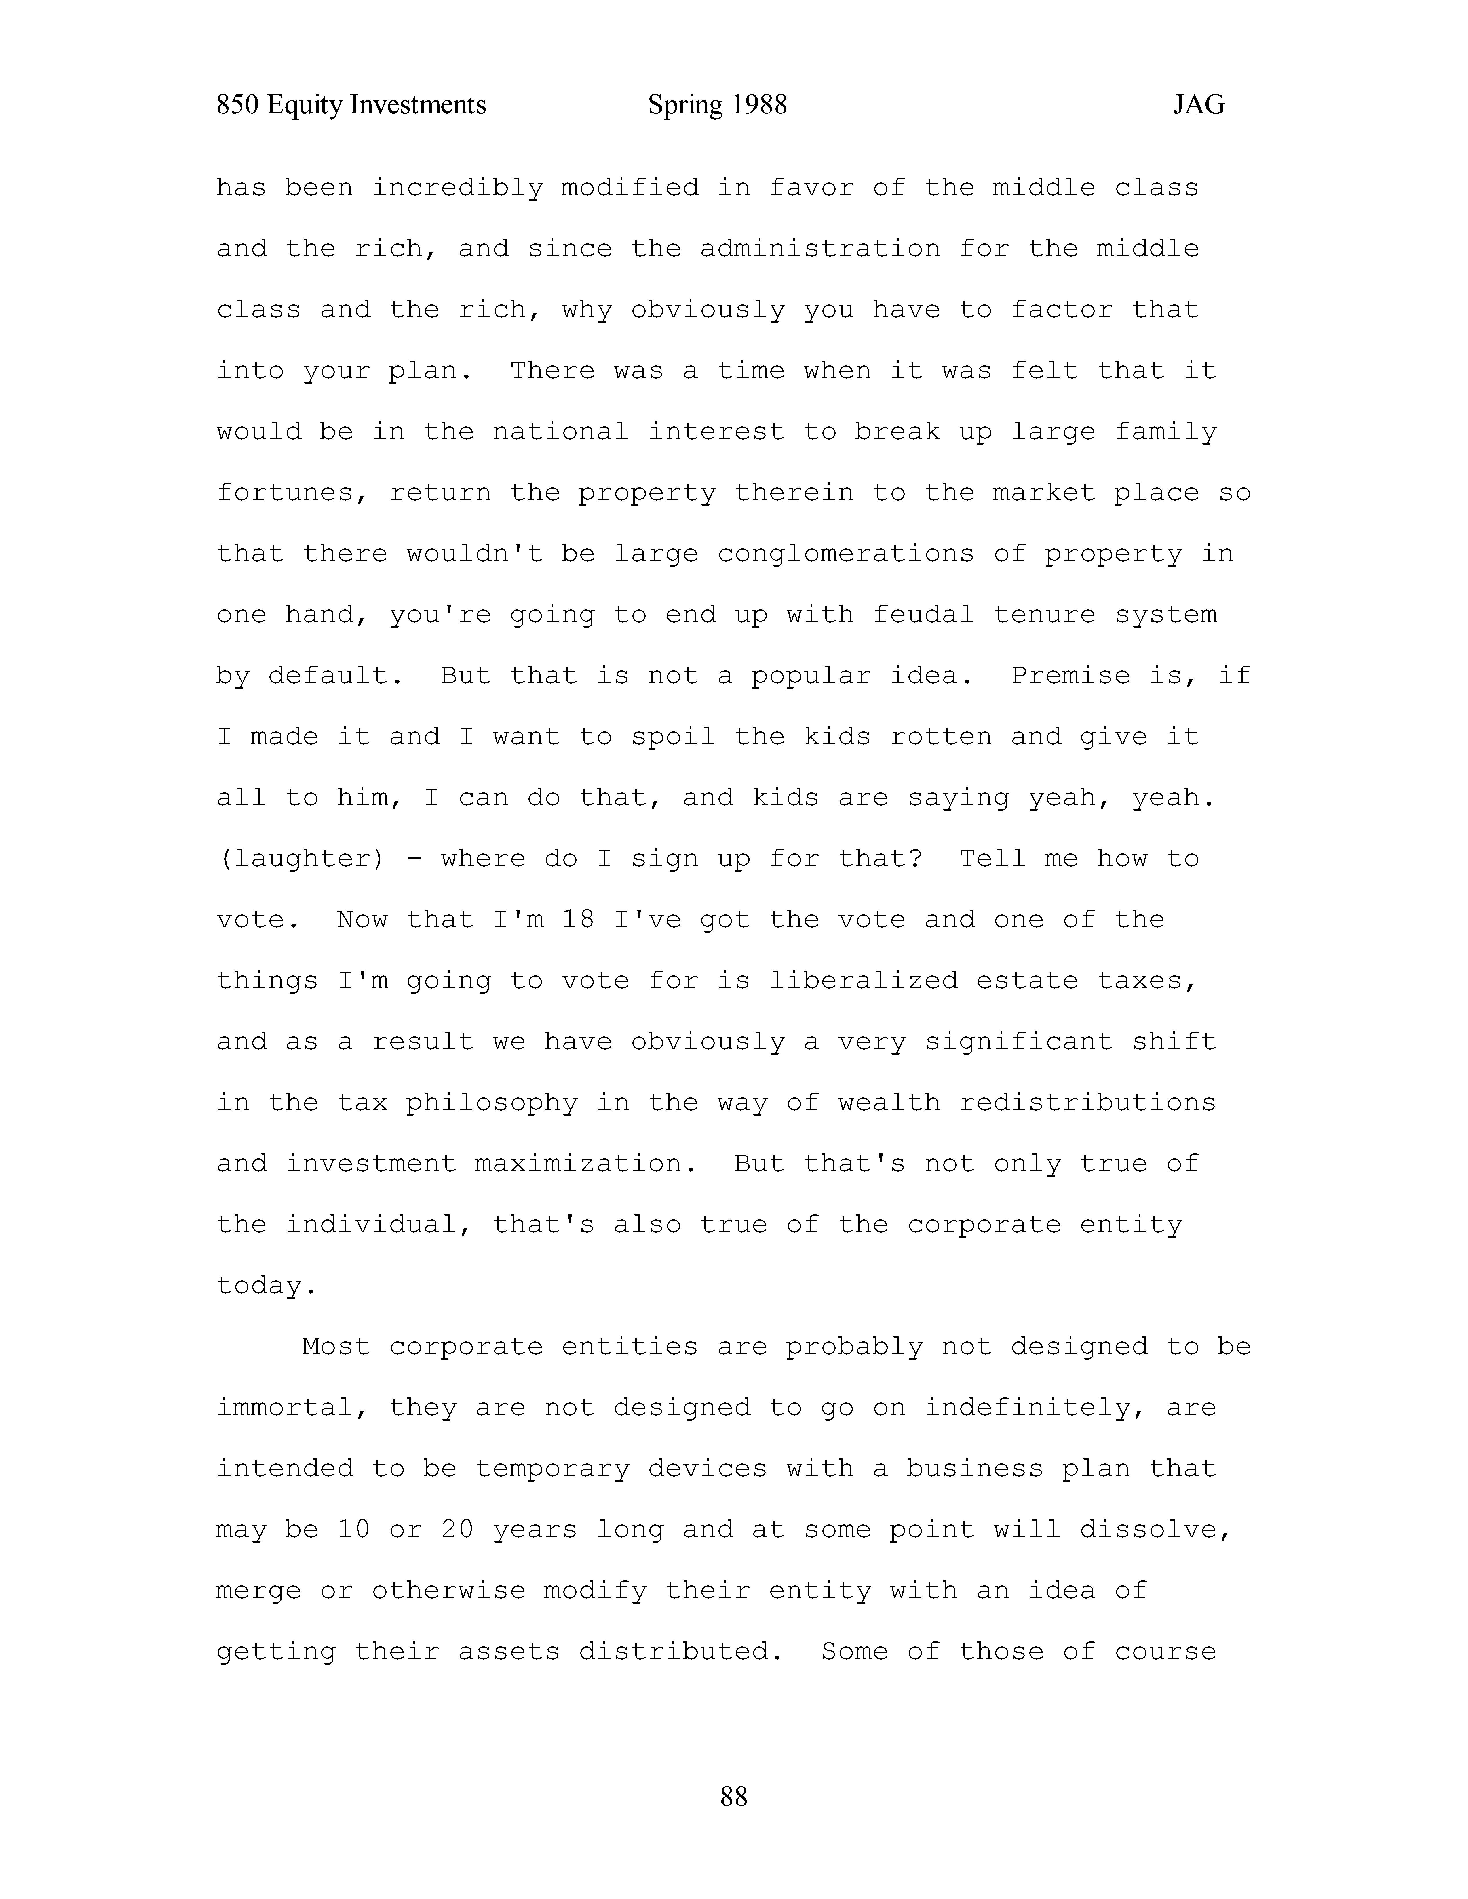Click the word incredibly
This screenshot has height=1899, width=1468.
click(x=457, y=188)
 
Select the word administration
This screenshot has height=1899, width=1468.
click(x=819, y=249)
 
